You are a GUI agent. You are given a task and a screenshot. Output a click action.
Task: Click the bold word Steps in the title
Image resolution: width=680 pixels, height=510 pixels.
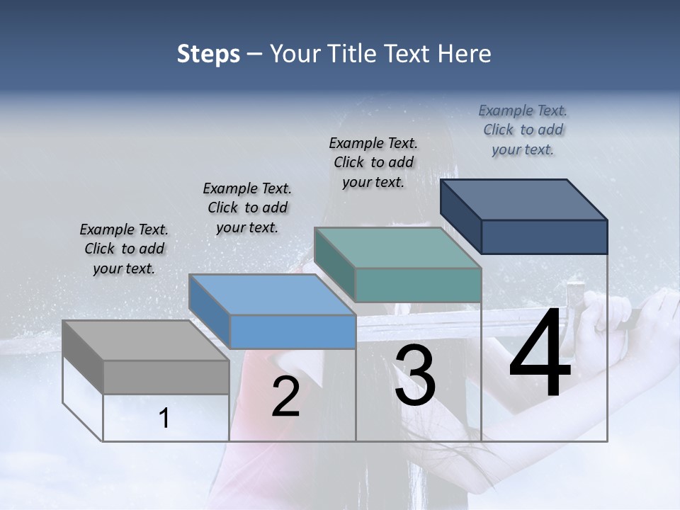[x=208, y=54]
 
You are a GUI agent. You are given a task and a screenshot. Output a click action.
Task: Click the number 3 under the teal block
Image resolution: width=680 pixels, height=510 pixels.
[x=415, y=375]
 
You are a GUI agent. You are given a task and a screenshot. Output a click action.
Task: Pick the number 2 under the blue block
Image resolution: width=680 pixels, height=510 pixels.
[x=285, y=397]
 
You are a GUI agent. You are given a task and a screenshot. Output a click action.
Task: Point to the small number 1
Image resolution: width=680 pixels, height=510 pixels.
[x=164, y=418]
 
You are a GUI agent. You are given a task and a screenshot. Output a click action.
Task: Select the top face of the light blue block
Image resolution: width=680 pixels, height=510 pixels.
[x=271, y=294]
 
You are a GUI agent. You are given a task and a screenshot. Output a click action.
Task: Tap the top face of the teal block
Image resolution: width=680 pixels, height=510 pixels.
[x=397, y=247]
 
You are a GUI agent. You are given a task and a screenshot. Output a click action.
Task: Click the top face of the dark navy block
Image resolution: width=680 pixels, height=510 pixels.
[x=524, y=199]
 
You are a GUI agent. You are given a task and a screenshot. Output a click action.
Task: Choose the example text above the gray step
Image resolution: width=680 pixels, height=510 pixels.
[x=124, y=249]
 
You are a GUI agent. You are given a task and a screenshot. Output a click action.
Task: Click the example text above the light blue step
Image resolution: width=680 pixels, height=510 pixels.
[x=247, y=208]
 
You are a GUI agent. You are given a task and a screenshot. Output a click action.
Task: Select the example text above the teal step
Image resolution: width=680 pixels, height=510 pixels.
[x=373, y=162]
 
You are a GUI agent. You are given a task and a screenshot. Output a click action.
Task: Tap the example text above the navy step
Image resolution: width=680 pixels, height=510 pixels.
[x=523, y=130]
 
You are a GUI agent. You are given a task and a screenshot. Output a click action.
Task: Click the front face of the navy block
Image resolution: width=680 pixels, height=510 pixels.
[x=544, y=237]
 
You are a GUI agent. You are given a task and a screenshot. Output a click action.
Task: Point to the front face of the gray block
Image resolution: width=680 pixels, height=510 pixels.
[x=166, y=377]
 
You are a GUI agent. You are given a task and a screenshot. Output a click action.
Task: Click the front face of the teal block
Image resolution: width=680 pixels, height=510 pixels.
[x=418, y=285]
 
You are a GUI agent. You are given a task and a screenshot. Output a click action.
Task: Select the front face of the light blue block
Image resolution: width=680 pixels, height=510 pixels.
[x=293, y=331]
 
